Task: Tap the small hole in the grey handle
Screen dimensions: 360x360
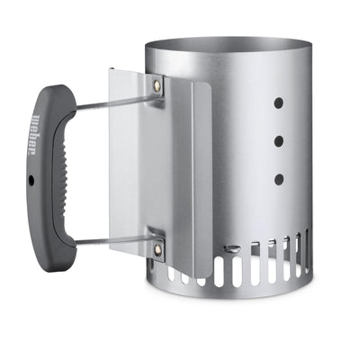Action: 31,180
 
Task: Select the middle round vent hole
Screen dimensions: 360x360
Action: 278,140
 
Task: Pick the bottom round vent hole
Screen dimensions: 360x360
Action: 279,179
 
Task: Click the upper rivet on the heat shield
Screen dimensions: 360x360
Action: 159,86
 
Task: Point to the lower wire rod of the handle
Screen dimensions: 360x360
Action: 108,240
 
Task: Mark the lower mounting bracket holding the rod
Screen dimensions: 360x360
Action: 155,243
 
